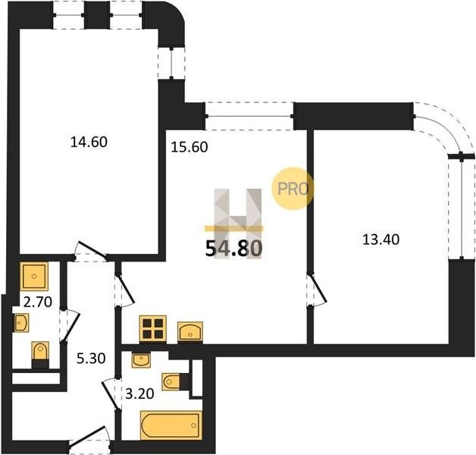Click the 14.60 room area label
click(x=89, y=142)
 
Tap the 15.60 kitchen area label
click(x=189, y=147)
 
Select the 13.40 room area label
click(x=381, y=240)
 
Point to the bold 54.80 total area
click(x=233, y=249)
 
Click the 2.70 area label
click(x=38, y=302)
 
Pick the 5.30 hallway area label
click(x=91, y=359)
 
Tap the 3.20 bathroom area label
click(x=139, y=394)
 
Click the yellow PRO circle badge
click(x=293, y=189)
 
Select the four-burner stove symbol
click(x=153, y=329)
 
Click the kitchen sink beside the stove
click(x=190, y=331)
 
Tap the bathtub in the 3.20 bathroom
click(x=171, y=425)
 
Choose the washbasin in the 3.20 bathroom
click(x=141, y=360)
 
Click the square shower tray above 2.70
click(x=34, y=276)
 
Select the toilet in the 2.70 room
click(x=40, y=354)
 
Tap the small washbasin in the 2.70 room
click(x=21, y=322)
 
